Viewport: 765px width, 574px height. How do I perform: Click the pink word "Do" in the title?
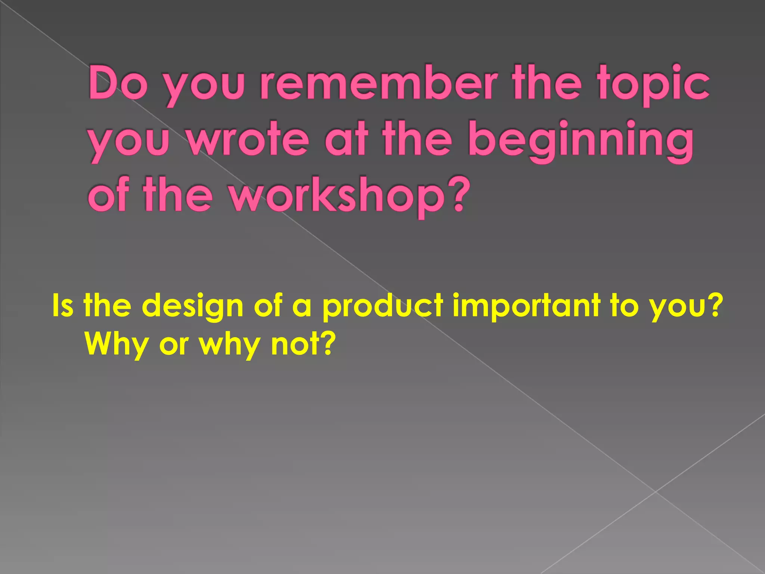point(116,83)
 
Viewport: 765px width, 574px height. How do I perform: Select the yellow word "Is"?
point(62,305)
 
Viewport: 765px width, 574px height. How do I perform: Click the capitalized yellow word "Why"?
point(116,345)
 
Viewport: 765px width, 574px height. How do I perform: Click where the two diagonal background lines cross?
point(655,491)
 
